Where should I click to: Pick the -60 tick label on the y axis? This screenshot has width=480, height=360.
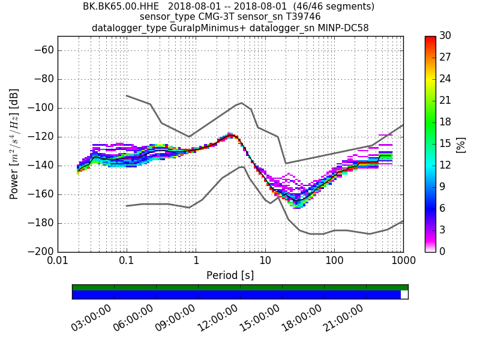(x=42, y=50)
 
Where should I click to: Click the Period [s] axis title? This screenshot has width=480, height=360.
(x=230, y=275)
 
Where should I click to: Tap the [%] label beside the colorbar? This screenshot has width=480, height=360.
(x=461, y=144)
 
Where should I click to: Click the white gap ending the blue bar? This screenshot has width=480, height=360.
(x=404, y=295)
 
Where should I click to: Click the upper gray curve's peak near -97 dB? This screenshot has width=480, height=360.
(x=241, y=103)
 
